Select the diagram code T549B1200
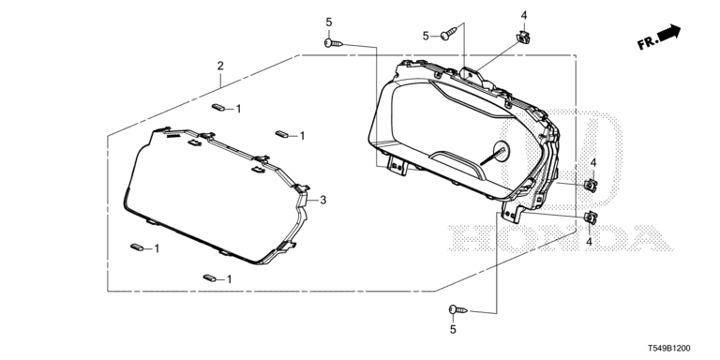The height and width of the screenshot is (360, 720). (668, 349)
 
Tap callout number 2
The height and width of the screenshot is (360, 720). (220, 66)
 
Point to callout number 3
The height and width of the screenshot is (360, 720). (323, 201)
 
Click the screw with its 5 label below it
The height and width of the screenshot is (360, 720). (457, 310)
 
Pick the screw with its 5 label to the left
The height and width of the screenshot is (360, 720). (449, 34)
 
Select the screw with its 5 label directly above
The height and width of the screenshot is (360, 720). (334, 43)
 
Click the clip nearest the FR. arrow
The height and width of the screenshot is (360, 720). (522, 37)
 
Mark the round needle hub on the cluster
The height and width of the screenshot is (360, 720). (501, 151)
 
